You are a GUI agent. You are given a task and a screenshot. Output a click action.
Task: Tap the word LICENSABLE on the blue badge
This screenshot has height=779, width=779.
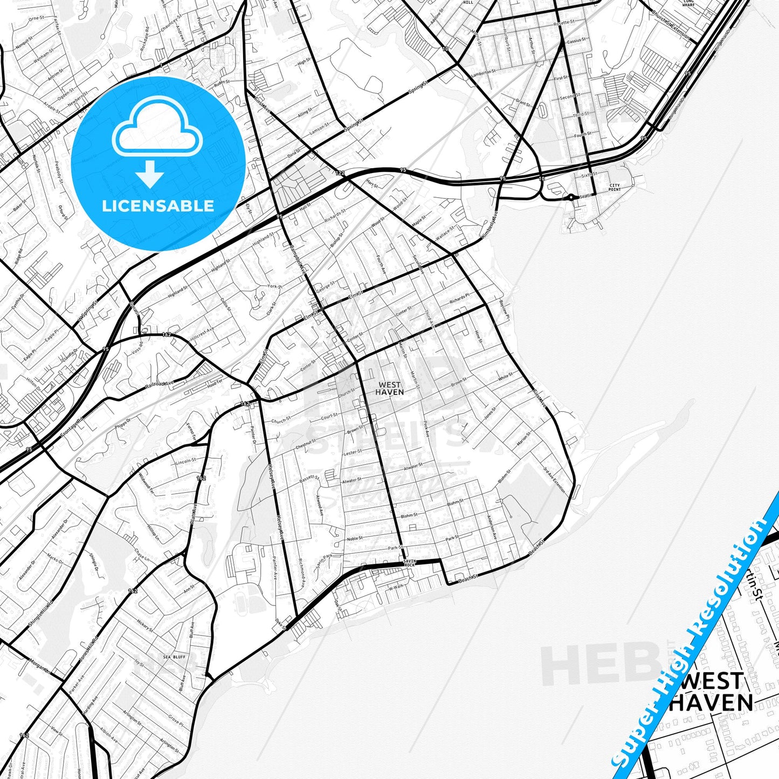(158, 206)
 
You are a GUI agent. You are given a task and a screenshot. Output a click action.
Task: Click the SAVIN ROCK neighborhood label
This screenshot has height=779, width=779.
(410, 563)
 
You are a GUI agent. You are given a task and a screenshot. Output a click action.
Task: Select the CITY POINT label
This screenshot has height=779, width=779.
(615, 188)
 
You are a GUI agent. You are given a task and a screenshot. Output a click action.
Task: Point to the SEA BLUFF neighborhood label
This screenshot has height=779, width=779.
(174, 657)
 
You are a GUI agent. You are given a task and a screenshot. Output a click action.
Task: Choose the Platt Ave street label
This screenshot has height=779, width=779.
(194, 514)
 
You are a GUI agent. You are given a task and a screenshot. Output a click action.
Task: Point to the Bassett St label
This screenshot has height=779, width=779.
(309, 478)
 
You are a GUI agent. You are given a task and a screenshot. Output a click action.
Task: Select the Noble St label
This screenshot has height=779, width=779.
(355, 539)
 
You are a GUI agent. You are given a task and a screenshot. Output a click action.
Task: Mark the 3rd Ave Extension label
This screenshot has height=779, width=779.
(554, 479)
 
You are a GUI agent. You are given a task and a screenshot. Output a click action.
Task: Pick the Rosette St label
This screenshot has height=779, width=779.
(564, 23)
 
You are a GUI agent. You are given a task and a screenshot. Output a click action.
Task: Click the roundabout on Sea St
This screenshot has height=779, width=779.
(570, 197)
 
